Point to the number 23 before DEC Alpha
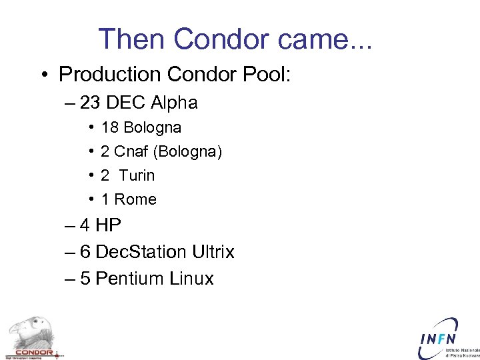90,103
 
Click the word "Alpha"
174,103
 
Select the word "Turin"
137,175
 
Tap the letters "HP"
109,225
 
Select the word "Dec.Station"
141,252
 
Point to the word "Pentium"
129,279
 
